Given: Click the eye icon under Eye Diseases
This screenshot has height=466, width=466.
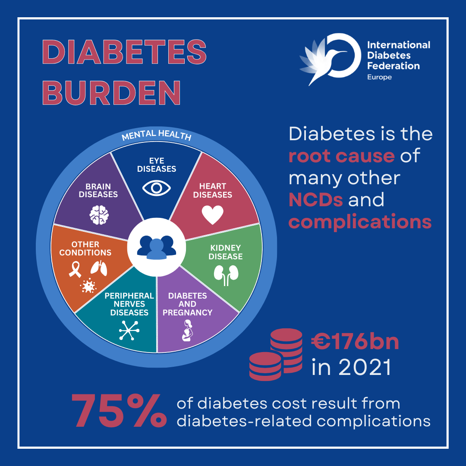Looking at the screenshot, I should click(157, 188).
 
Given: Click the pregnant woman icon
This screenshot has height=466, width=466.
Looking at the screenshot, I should click(187, 331).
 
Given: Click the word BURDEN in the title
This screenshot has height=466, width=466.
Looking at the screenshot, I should click(111, 91).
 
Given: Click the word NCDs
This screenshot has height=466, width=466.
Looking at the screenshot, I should click(315, 199).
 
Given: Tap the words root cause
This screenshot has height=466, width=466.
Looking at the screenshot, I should click(341, 155).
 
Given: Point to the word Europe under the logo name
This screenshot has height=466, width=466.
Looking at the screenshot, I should click(379, 77).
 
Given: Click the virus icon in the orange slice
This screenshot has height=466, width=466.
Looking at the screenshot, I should click(88, 286).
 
